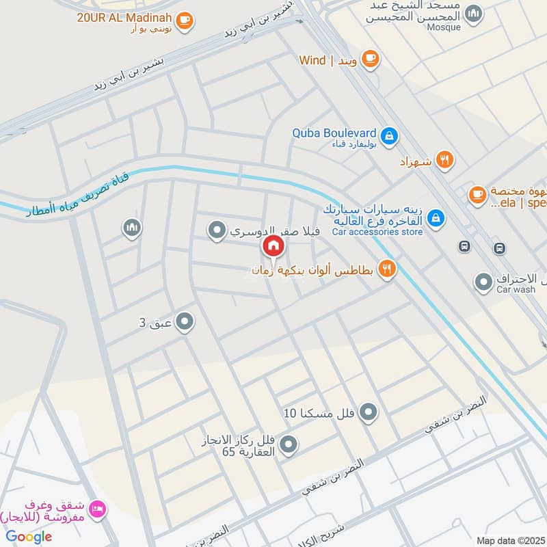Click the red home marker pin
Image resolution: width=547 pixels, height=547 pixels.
pyautogui.click(x=273, y=245)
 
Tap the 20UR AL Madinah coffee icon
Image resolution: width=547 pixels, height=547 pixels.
pyautogui.click(x=184, y=21)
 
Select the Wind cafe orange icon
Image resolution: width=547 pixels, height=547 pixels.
pyautogui.click(x=370, y=60)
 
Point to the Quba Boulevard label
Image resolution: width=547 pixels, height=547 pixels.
pyautogui.click(x=334, y=133)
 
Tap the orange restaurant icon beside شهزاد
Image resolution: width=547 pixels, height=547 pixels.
pyautogui.click(x=444, y=161)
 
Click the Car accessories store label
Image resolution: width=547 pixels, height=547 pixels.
pyautogui.click(x=377, y=232)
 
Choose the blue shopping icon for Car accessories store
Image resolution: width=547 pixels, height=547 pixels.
pyautogui.click(x=435, y=218)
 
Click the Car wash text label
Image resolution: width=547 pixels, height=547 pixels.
pyautogui.click(x=516, y=289)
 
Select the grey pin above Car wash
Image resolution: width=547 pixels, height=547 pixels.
pyautogui.click(x=483, y=280)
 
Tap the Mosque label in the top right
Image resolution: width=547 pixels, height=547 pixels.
pyautogui.click(x=444, y=28)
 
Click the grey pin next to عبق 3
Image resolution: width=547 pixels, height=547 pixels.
pyautogui.click(x=185, y=321)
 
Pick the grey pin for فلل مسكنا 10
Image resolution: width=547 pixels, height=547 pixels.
pyautogui.click(x=369, y=412)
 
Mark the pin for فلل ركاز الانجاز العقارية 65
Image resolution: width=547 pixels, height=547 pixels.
pyautogui.click(x=289, y=445)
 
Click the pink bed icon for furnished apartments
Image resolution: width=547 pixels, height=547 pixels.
pyautogui.click(x=98, y=509)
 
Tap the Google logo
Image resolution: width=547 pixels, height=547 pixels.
pyautogui.click(x=29, y=537)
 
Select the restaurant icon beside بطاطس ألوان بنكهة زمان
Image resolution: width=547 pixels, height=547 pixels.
pyautogui.click(x=387, y=269)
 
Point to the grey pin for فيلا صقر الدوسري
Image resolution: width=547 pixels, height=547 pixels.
pyautogui.click(x=217, y=231)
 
